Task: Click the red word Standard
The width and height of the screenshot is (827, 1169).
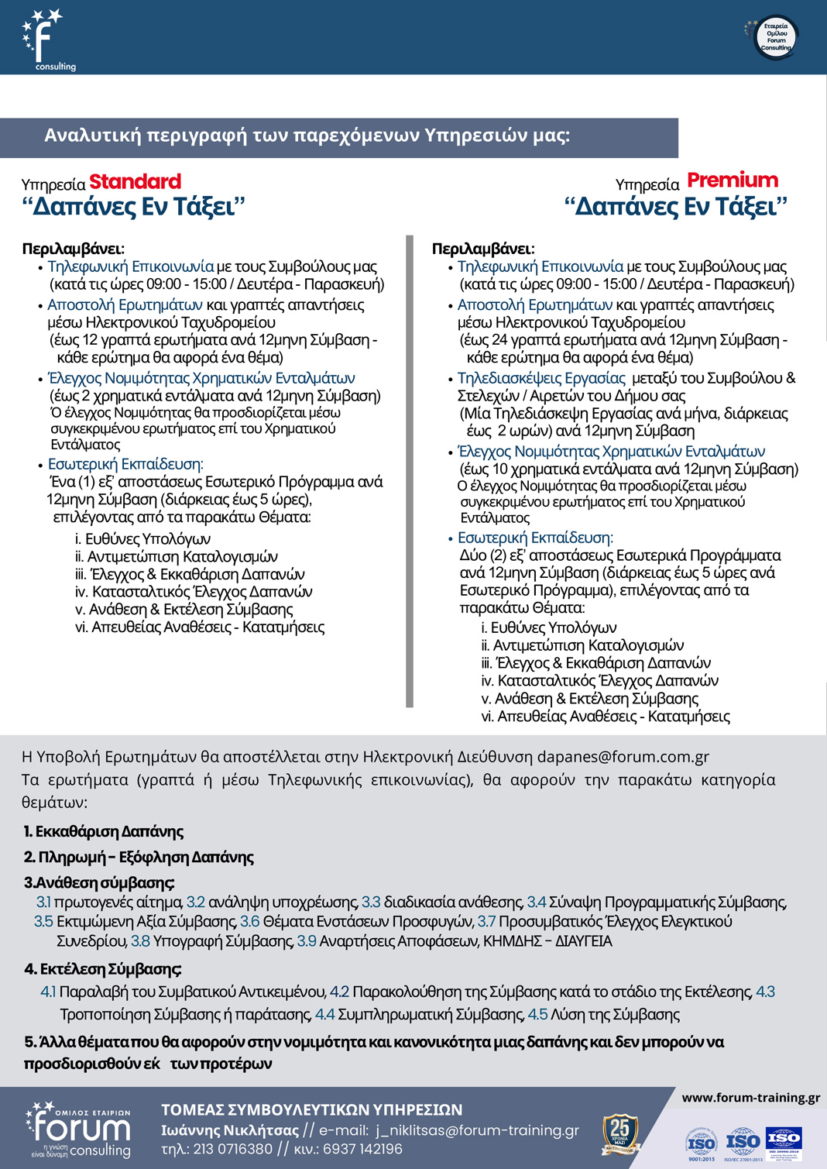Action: (x=135, y=182)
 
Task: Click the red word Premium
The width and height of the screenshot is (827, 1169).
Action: (x=733, y=181)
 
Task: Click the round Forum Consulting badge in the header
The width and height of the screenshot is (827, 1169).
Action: (x=775, y=37)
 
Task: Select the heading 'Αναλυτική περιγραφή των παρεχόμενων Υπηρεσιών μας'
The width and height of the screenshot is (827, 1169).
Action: (x=307, y=136)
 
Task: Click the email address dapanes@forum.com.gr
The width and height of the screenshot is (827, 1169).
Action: (x=623, y=757)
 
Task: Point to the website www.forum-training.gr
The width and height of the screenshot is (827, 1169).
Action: (x=750, y=1098)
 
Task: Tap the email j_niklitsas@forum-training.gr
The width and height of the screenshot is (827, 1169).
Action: (x=477, y=1130)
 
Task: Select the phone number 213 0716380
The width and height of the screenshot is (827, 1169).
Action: (x=232, y=1149)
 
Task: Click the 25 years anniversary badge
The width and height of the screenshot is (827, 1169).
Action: (x=620, y=1133)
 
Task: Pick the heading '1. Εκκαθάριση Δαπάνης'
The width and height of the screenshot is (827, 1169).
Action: (x=103, y=832)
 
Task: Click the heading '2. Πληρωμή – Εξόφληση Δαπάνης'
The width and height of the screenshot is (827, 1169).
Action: (x=139, y=858)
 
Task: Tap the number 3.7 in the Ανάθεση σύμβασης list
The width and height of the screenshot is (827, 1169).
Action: (x=486, y=922)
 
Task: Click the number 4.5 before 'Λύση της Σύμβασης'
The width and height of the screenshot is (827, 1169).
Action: (x=537, y=1015)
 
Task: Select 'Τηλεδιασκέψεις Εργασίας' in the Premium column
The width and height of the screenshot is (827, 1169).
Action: (x=541, y=379)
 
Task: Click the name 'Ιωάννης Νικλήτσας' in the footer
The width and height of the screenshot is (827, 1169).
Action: (x=230, y=1130)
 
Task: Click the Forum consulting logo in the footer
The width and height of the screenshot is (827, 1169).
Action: (x=78, y=1130)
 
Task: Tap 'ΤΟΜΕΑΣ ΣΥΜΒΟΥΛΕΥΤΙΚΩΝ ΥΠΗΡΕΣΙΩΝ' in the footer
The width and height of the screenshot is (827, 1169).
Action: (x=311, y=1110)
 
